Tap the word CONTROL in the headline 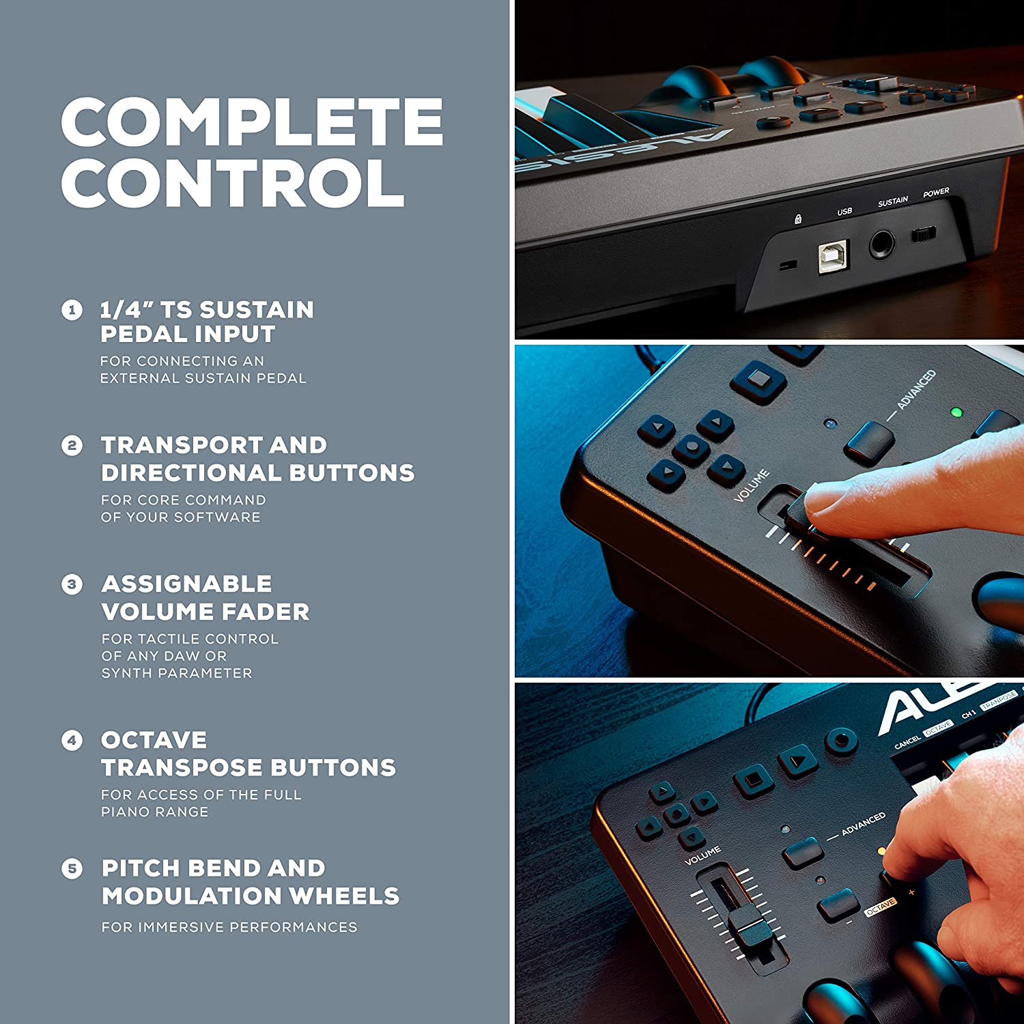[x=233, y=183]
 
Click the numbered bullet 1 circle [x=72, y=311]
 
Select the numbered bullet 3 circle [x=72, y=585]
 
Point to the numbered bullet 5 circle [x=72, y=869]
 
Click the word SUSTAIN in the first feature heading [x=257, y=310]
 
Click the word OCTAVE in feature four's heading [x=154, y=740]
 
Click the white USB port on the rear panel [x=834, y=257]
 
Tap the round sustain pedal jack [x=882, y=244]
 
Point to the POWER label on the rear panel [x=936, y=193]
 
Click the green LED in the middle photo [x=956, y=412]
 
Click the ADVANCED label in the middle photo [x=916, y=390]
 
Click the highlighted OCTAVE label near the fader [x=881, y=906]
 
